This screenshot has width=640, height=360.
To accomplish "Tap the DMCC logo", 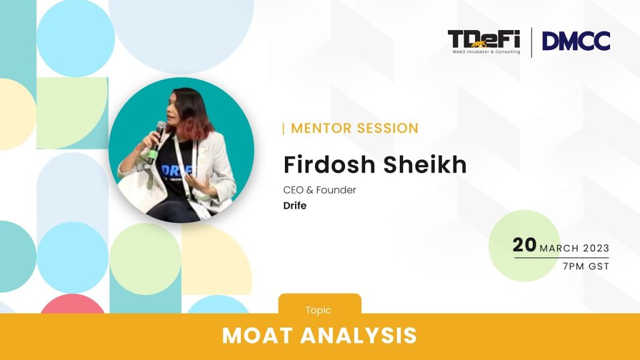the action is (x=576, y=41).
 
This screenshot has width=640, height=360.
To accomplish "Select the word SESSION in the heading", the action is (x=387, y=128).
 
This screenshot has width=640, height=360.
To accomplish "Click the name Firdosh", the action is (x=329, y=164).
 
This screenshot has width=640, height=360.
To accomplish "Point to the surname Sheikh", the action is (x=424, y=164).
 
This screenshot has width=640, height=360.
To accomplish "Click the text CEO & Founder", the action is (x=319, y=190).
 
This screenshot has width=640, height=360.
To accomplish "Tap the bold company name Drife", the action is (x=295, y=205).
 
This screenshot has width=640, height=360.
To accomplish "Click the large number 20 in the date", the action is (x=524, y=245).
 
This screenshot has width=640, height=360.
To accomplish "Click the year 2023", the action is (x=596, y=248).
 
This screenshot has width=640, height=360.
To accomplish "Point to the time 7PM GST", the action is (x=586, y=266).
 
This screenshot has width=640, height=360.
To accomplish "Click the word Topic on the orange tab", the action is (x=318, y=310).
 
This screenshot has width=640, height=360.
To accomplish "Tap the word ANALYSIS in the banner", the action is (x=359, y=336).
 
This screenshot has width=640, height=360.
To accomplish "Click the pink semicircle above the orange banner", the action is (x=72, y=304).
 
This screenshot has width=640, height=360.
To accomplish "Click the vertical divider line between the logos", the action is (x=531, y=42).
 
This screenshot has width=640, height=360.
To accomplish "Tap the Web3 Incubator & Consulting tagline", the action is (x=486, y=52).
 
